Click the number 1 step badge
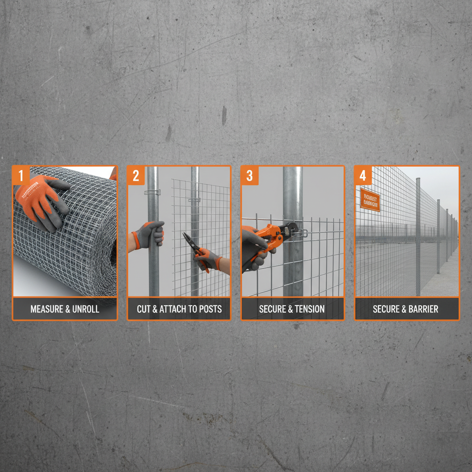tap(21, 176)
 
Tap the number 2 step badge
tap(136, 176)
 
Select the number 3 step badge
tap(250, 176)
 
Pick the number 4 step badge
tap(363, 176)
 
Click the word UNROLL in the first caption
tap(85, 309)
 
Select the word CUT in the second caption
tap(144, 309)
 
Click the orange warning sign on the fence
tap(370, 200)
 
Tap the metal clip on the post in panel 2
tap(152, 192)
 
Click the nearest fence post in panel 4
tap(418, 235)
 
